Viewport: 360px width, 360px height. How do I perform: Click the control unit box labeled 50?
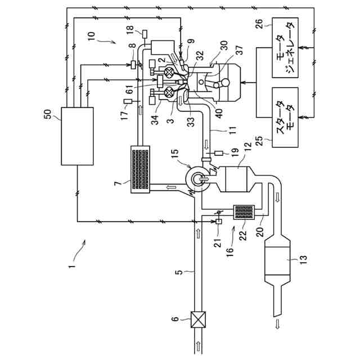click(x=78, y=136)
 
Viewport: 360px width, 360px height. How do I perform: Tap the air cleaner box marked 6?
click(x=198, y=319)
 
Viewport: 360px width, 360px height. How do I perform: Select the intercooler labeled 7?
click(x=140, y=169)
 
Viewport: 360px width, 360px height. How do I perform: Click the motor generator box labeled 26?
click(x=285, y=47)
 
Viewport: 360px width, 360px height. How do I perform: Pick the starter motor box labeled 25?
click(x=285, y=118)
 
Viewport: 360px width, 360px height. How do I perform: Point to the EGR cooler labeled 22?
click(x=244, y=213)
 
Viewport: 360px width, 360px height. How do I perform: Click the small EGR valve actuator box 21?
click(x=219, y=221)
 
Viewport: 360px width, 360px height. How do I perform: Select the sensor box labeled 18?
click(x=145, y=34)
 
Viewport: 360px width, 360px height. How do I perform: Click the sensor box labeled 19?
click(x=218, y=153)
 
